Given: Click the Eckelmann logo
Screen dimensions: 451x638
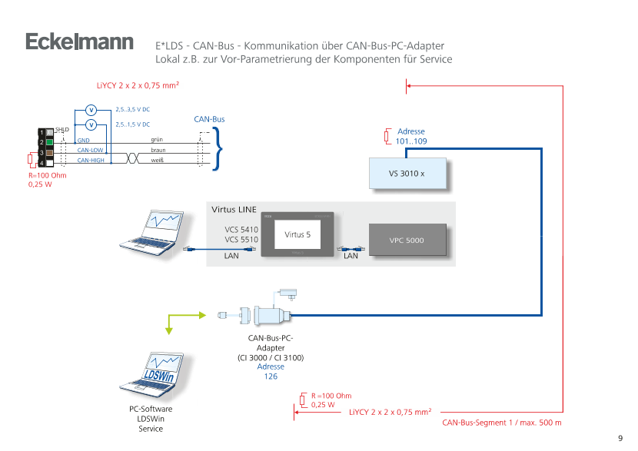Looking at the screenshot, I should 79,42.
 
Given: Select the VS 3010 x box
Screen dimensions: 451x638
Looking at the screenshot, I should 407,174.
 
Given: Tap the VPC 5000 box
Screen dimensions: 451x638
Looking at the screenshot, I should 407,240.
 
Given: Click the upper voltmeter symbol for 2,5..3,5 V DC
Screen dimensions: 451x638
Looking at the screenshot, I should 91,110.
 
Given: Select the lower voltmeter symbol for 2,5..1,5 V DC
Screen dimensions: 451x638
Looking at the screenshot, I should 91,124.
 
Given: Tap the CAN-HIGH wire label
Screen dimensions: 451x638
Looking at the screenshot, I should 91,160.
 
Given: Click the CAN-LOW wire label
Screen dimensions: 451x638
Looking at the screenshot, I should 91,150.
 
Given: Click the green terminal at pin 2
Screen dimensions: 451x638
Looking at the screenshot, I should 49,142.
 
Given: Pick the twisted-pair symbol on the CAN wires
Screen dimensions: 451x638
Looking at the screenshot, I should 131,157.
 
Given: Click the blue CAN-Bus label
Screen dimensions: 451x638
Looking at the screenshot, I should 208,120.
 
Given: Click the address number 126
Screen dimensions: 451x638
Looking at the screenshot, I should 271,376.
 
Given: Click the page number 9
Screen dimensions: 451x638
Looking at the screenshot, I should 620,439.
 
